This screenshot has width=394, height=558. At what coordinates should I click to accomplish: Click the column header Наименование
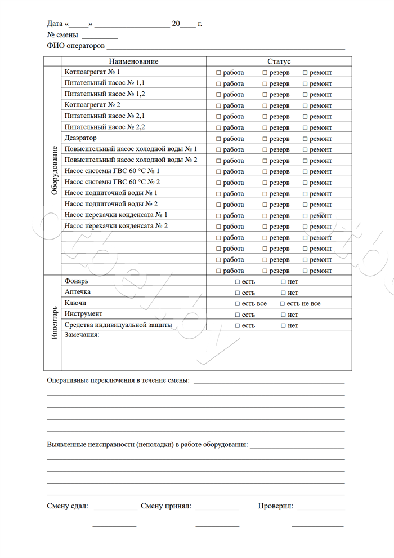tap(133, 61)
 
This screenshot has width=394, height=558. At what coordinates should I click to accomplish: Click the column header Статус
tap(279, 61)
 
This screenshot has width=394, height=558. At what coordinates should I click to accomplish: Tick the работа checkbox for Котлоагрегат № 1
tap(219, 73)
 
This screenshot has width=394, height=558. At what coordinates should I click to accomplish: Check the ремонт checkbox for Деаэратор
tap(305, 139)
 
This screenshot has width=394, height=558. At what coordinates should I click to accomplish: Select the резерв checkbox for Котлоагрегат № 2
tap(265, 105)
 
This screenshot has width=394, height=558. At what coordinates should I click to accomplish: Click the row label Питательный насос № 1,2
tap(105, 94)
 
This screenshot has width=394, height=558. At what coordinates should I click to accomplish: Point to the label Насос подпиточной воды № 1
tap(111, 193)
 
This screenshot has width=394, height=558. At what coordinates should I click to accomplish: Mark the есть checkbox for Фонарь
tap(238, 282)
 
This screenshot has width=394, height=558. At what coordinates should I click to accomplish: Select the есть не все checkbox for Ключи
tap(283, 304)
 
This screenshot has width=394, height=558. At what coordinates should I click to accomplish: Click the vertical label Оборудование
tap(55, 171)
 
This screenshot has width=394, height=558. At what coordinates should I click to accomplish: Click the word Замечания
tap(82, 335)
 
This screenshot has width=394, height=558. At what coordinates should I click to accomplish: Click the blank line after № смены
tap(100, 38)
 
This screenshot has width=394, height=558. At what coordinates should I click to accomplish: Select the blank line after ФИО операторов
tap(225, 49)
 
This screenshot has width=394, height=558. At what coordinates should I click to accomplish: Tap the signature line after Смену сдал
tap(115, 509)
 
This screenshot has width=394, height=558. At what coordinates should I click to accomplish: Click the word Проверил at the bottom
tap(275, 506)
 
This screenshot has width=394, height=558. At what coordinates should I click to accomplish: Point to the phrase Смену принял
tap(166, 506)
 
